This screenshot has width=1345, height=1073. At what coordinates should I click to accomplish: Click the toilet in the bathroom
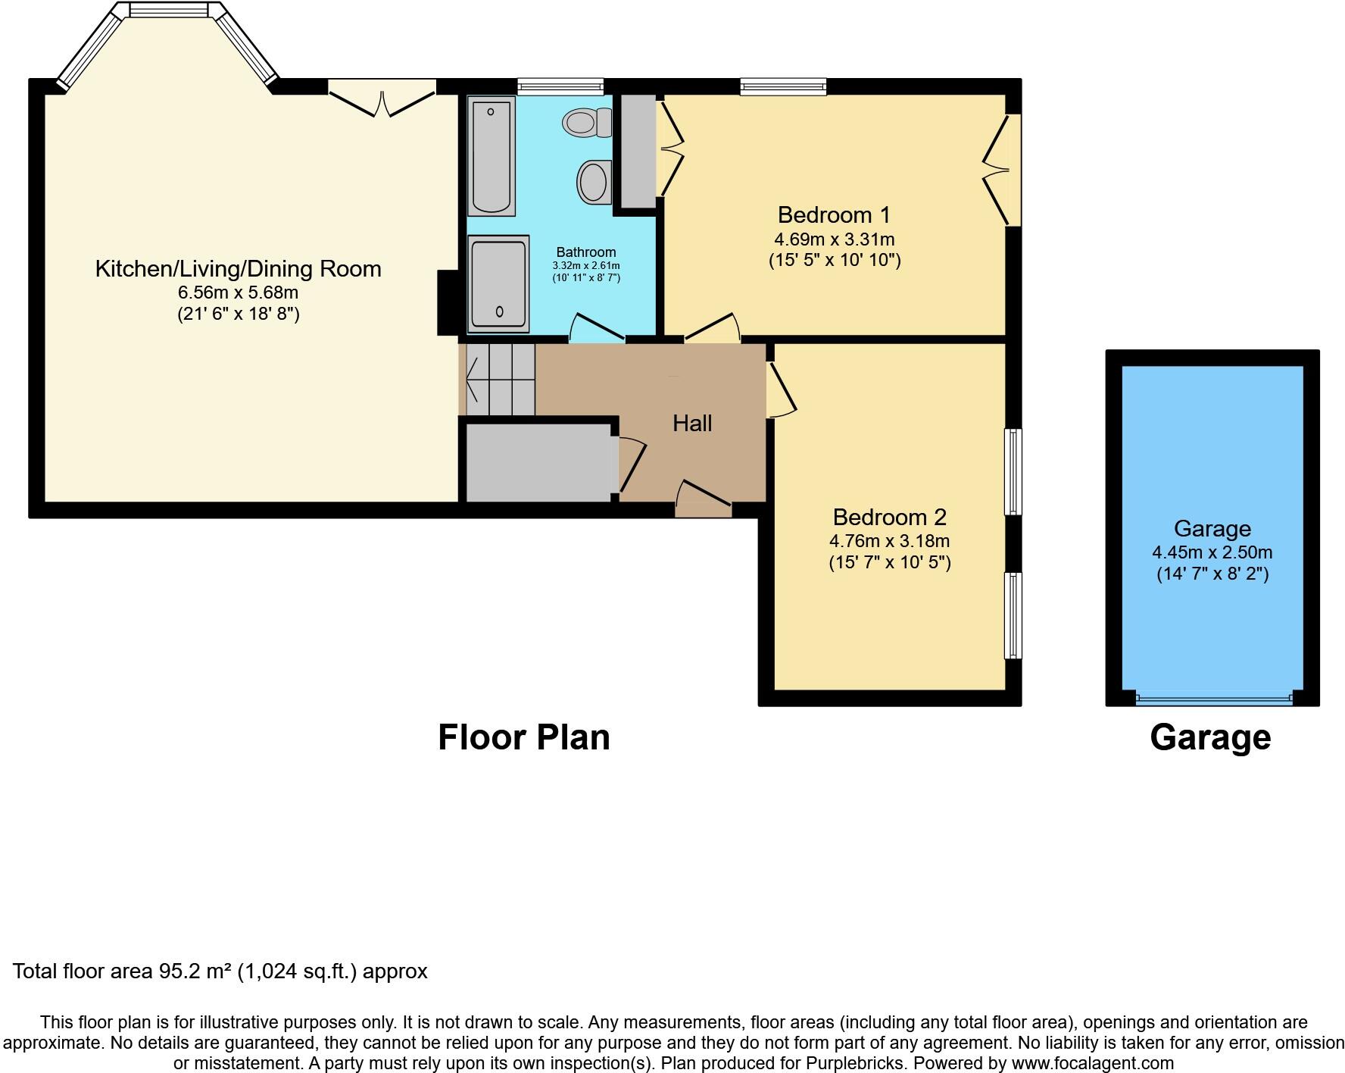(x=587, y=122)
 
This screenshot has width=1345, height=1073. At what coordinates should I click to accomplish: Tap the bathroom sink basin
(x=594, y=182)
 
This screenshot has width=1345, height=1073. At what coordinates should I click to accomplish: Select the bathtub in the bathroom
(x=491, y=155)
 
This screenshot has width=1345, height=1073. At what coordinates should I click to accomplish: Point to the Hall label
(x=691, y=424)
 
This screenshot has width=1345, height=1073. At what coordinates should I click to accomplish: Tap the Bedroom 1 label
(x=834, y=215)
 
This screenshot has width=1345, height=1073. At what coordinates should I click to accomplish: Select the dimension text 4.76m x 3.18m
(x=889, y=541)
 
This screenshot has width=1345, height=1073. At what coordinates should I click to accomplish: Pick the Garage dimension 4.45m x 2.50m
(x=1212, y=552)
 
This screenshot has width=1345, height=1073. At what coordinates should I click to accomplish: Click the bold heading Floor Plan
(x=523, y=737)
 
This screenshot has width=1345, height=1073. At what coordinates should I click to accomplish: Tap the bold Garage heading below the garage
(x=1209, y=737)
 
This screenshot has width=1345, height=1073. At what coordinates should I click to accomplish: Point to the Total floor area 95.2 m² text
(x=220, y=971)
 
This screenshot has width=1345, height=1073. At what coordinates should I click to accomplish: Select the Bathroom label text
(x=585, y=252)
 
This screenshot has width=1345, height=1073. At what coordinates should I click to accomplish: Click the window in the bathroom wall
(x=560, y=86)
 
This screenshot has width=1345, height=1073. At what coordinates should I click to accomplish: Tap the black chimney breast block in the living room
(x=447, y=302)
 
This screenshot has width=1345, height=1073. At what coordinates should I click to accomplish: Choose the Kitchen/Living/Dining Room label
(x=238, y=269)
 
